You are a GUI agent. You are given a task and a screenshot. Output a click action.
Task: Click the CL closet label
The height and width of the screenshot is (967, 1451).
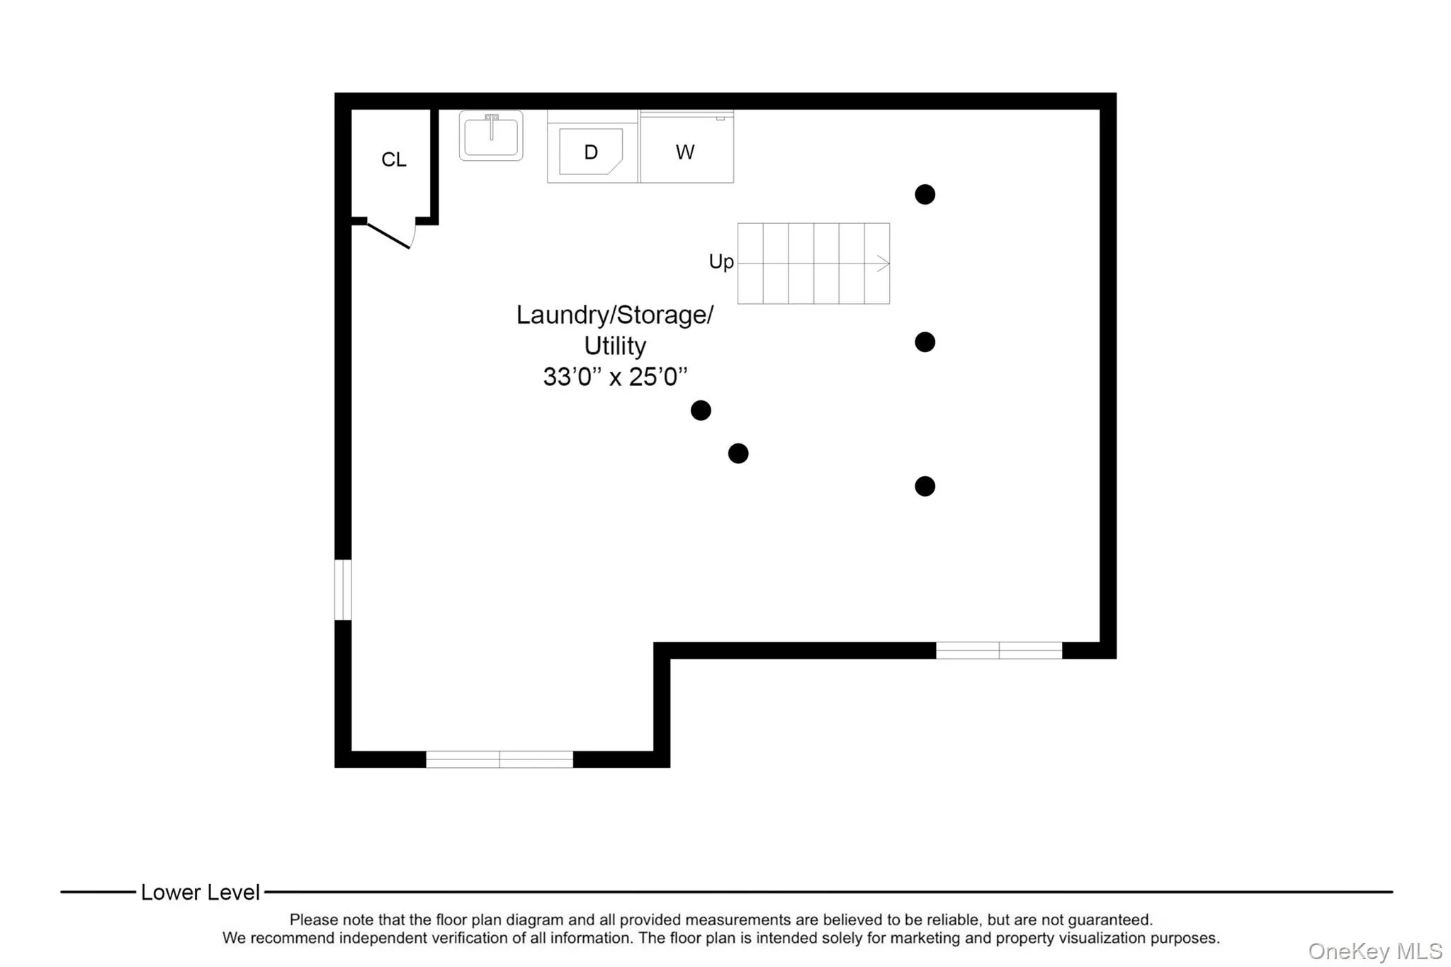pos(394,159)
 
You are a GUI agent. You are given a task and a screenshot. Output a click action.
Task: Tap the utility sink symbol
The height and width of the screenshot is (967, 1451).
pos(491,136)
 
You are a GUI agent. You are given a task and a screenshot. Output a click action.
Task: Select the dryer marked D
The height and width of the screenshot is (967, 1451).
pos(591,152)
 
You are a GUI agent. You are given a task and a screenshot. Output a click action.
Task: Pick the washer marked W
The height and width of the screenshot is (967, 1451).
pos(685,152)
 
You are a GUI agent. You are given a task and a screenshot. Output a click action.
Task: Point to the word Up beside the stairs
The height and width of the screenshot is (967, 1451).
pos(721,261)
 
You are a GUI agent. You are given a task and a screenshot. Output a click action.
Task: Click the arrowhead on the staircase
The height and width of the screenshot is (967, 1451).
pos(883,264)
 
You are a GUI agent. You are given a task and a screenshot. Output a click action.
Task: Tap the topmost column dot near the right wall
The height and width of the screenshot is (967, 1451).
pos(925,194)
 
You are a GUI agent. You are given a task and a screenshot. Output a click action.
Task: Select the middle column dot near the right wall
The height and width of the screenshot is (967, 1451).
pos(925,342)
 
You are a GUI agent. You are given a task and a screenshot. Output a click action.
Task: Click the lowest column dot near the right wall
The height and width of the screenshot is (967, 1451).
pos(925,486)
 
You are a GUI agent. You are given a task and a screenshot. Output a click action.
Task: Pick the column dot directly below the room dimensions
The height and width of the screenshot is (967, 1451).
pos(701,410)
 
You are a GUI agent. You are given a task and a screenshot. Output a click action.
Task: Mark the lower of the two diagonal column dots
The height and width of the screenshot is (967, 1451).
pos(738,453)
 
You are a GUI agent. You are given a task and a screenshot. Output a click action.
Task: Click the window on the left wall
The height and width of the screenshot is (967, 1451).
pos(343,589)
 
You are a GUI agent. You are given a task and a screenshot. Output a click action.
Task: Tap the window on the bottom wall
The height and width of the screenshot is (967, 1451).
pos(499,759)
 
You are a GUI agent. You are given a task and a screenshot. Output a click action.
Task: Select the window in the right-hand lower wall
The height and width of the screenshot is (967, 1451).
pos(999,650)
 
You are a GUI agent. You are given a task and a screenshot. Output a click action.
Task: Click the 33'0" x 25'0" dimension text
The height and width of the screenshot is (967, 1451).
pos(615,377)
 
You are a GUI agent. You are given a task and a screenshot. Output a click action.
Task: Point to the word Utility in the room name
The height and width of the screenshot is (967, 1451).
pos(615,346)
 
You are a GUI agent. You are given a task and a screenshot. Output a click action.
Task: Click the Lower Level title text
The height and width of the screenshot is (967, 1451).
pos(201,892)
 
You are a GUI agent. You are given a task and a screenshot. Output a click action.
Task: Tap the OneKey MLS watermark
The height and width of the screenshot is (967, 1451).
pos(1374,951)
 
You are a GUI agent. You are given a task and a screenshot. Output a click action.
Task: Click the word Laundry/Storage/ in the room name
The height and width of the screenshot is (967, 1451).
pos(615,315)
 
